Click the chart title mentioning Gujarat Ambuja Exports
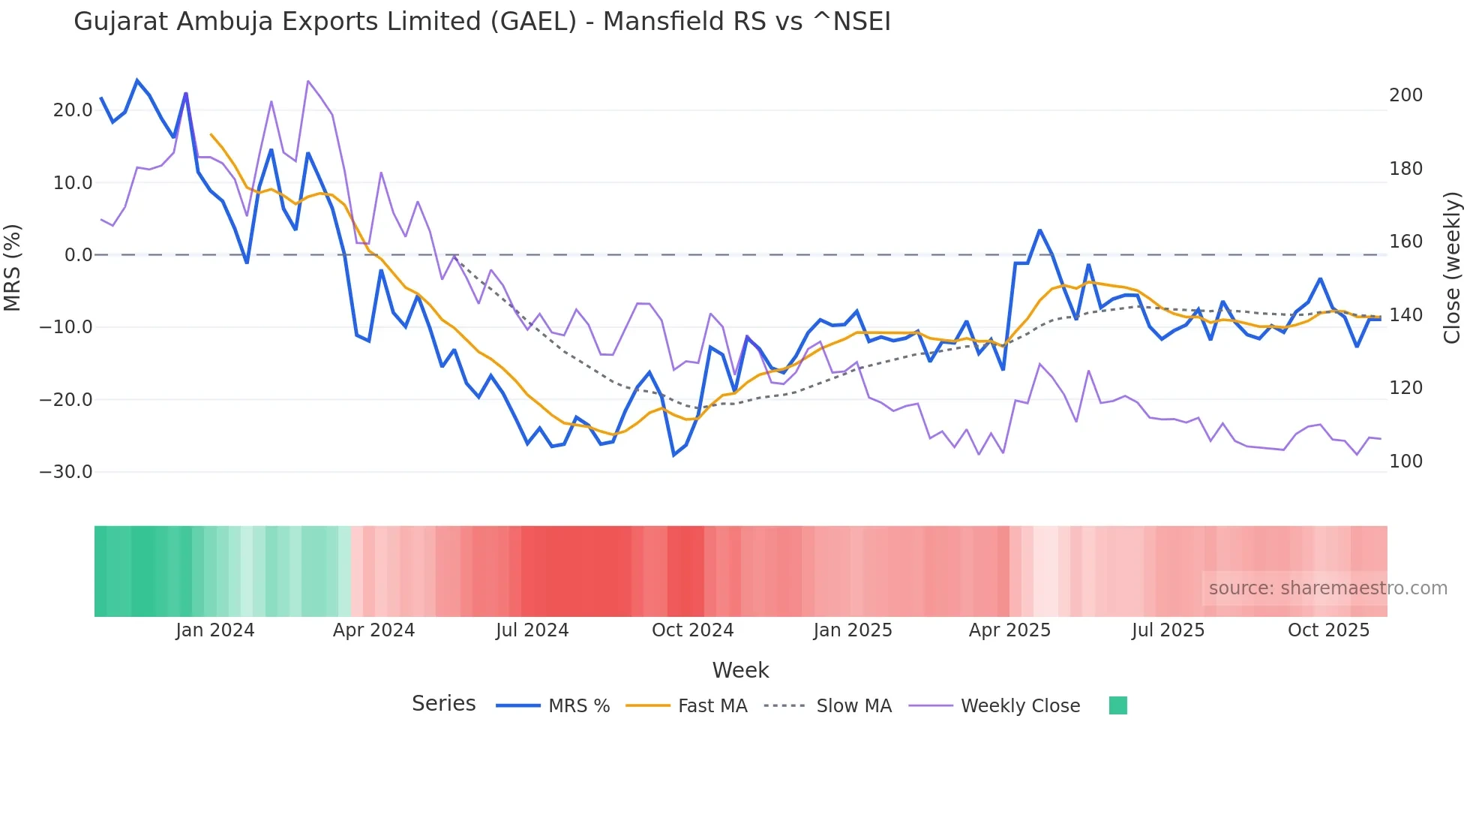[x=481, y=22]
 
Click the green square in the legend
[x=1117, y=705]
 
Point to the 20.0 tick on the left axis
[x=73, y=110]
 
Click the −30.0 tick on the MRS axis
[x=66, y=472]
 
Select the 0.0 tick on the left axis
[x=79, y=255]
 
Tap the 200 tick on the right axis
[x=1405, y=95]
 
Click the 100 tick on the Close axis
[x=1405, y=462]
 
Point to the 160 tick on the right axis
[x=1405, y=242]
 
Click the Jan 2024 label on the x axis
[x=215, y=630]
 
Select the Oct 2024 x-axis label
[x=692, y=630]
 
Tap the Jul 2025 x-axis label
[x=1168, y=630]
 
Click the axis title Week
[x=740, y=670]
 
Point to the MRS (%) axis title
[x=13, y=267]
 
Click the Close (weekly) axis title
[x=1452, y=268]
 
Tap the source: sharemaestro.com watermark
[x=1327, y=588]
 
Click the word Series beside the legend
[x=443, y=704]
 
